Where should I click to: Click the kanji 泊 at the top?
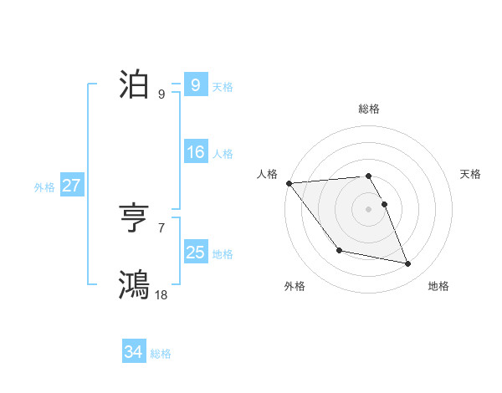click(x=134, y=85)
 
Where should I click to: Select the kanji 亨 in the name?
click(x=134, y=220)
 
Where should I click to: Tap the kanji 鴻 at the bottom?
click(x=134, y=284)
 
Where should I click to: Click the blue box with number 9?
click(x=195, y=85)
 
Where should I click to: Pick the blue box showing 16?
click(x=195, y=152)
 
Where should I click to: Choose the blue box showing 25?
click(x=195, y=252)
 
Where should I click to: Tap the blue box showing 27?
click(x=71, y=186)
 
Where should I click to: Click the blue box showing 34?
click(x=133, y=352)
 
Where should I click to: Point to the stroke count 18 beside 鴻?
click(x=161, y=294)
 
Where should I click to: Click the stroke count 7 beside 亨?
click(x=161, y=227)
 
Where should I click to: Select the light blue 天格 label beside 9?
click(x=223, y=87)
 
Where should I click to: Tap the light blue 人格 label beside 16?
click(x=223, y=154)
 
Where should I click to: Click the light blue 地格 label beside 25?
click(x=223, y=253)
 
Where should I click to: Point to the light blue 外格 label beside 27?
click(x=44, y=187)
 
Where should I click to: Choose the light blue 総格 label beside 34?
click(x=161, y=354)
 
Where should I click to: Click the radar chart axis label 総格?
click(x=368, y=109)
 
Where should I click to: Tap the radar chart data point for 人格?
click(x=289, y=183)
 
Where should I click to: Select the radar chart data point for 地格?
click(x=408, y=264)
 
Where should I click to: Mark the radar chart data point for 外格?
click(x=339, y=250)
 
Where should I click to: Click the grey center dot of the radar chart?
click(x=368, y=208)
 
